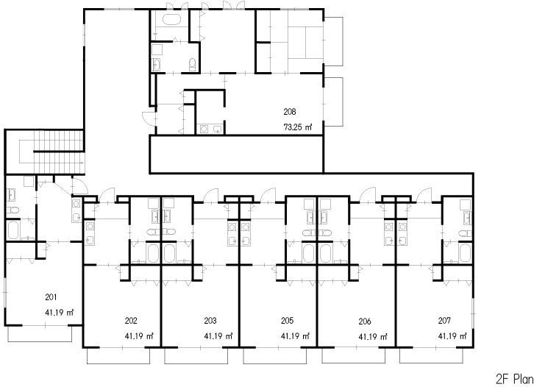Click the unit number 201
(x=51, y=297)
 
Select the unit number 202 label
(x=131, y=321)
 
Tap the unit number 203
(x=210, y=321)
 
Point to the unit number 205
(x=288, y=321)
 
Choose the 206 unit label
(x=365, y=322)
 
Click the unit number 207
(x=445, y=321)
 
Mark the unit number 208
(x=289, y=112)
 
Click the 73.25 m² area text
(x=298, y=127)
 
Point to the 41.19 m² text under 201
(x=60, y=313)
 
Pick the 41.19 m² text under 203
(x=218, y=336)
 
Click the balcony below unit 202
(x=118, y=358)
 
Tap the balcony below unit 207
(x=431, y=358)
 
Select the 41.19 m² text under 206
(x=373, y=336)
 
